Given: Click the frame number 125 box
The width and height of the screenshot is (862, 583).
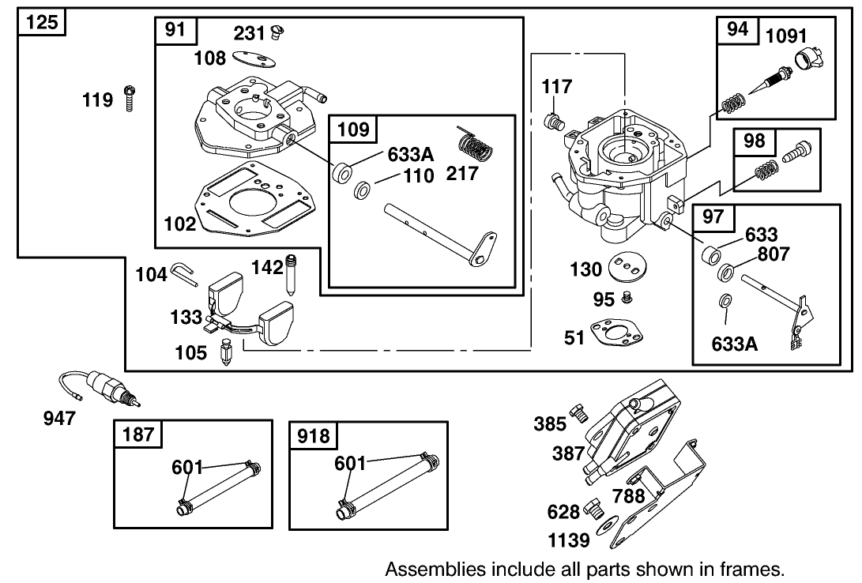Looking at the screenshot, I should coord(42,22).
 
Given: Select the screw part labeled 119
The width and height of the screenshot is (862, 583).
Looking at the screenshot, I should coord(130,100).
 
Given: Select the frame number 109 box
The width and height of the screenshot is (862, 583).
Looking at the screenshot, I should coord(353,129).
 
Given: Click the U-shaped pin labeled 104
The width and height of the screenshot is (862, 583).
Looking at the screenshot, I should coord(184,273).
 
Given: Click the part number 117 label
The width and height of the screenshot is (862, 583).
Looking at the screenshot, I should coord(558,85).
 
